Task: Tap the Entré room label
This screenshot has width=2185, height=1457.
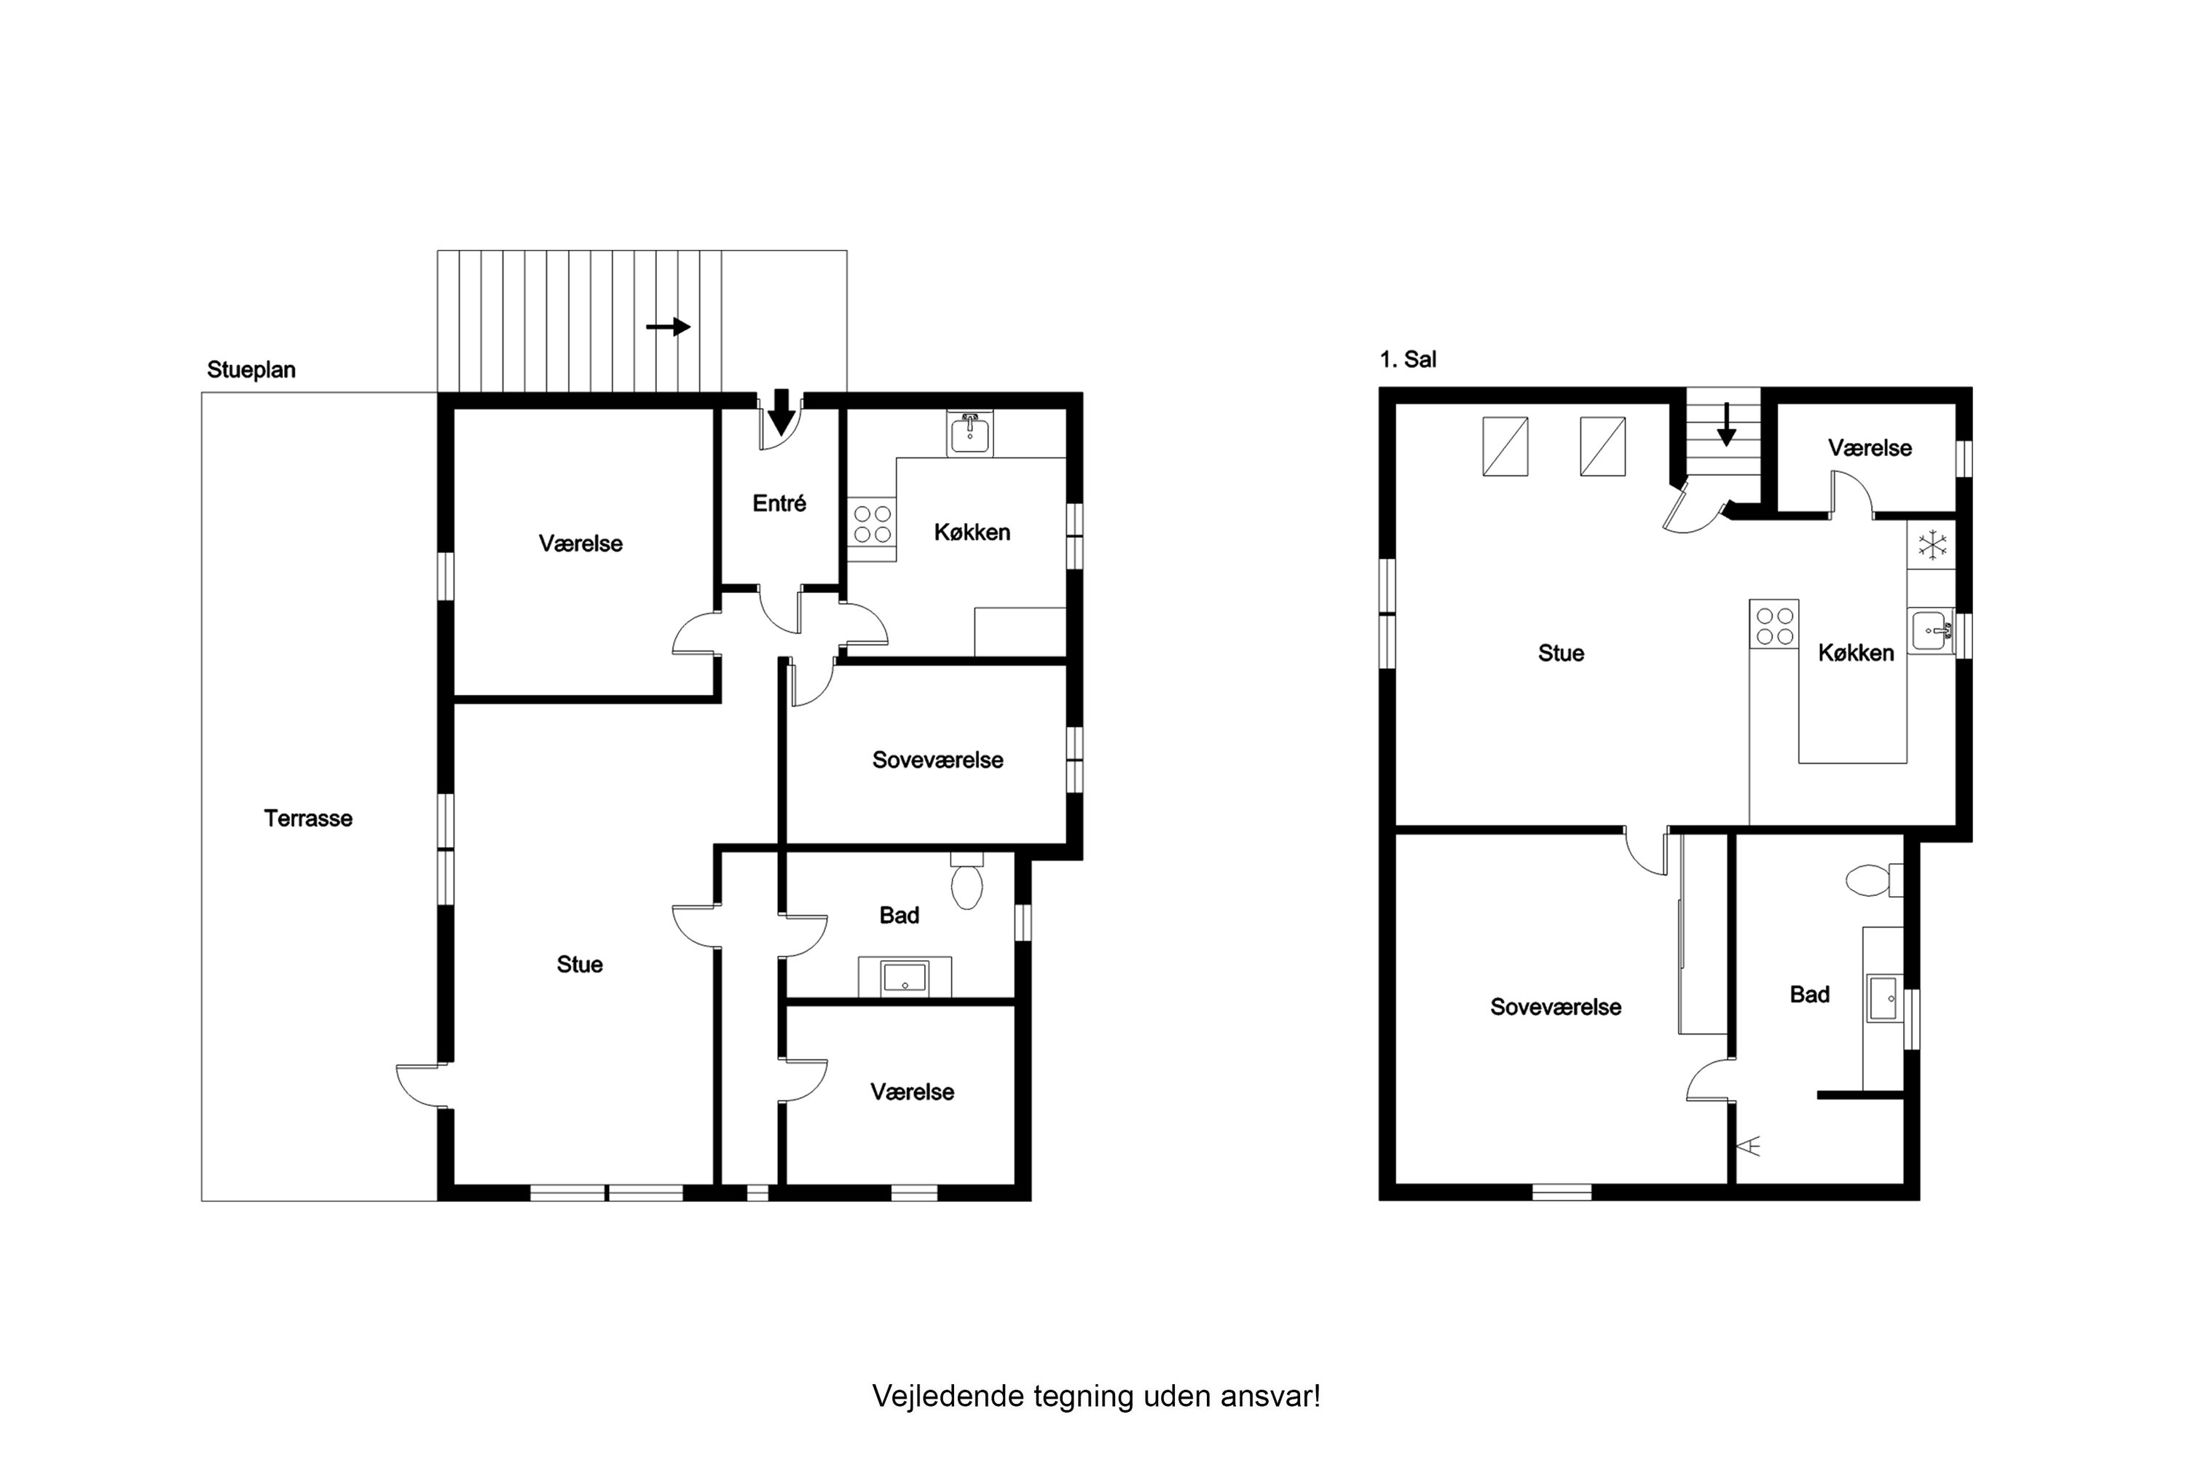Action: pos(779,503)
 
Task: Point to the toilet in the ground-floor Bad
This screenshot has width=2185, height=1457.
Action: pos(967,884)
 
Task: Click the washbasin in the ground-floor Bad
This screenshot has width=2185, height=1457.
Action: pos(904,978)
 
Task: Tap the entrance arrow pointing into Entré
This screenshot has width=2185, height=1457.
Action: pos(782,412)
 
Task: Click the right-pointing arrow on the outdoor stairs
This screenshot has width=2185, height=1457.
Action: pos(668,327)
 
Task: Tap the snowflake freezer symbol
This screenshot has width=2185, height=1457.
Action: pos(1932,544)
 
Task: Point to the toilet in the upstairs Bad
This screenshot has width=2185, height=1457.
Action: pos(1869,880)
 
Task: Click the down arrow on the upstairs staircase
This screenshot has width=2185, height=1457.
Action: pos(1726,425)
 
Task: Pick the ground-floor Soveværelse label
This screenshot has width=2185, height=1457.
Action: pos(937,760)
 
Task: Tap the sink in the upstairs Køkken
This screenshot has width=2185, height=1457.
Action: pos(1931,631)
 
